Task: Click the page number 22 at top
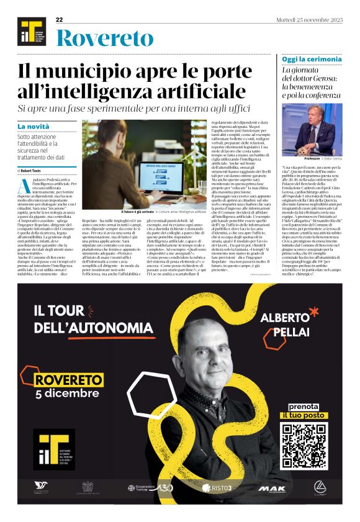[60, 20]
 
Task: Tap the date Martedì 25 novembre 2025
[309, 20]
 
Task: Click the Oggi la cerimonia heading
[303, 59]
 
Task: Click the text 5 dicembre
[67, 394]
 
